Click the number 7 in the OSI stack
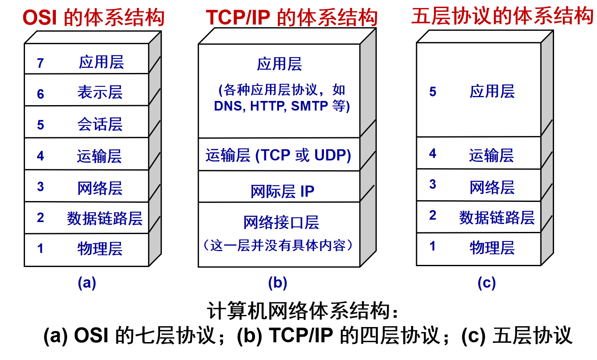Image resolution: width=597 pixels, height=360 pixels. click(x=40, y=63)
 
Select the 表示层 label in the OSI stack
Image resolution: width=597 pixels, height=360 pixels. click(x=100, y=92)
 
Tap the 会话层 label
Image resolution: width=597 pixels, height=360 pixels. click(x=100, y=124)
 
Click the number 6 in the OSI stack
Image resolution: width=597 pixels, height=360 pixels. click(x=40, y=94)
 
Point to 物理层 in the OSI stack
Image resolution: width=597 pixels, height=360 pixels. click(x=100, y=249)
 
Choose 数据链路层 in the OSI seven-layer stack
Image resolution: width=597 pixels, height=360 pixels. click(x=105, y=219)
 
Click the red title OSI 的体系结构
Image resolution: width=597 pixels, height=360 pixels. click(x=93, y=18)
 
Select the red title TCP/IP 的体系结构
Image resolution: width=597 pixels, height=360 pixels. click(x=291, y=18)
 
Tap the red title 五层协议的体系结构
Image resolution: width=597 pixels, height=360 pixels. click(x=503, y=16)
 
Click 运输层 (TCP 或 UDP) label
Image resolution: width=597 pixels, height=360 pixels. click(x=278, y=155)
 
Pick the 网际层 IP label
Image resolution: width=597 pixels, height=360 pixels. click(x=283, y=191)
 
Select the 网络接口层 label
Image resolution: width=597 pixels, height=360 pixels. click(x=281, y=222)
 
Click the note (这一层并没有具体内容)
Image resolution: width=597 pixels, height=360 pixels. click(x=278, y=245)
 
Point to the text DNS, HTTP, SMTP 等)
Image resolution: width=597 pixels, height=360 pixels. click(x=282, y=106)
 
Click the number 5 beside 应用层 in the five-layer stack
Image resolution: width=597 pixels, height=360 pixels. click(x=433, y=91)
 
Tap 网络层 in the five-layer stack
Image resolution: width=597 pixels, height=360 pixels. click(x=492, y=187)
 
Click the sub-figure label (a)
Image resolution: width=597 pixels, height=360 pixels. click(x=87, y=283)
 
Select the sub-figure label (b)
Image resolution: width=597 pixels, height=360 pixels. click(x=278, y=283)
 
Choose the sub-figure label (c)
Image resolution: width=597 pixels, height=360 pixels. click(x=487, y=283)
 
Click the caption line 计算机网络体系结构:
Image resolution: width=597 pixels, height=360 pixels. click(x=303, y=311)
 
